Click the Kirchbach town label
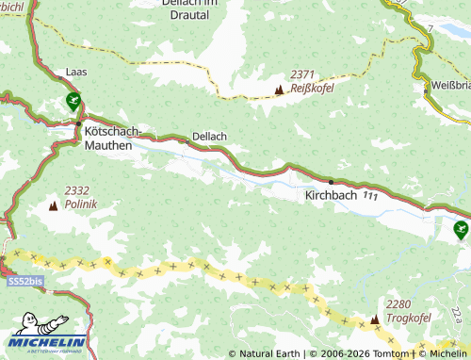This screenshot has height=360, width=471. point(330,195)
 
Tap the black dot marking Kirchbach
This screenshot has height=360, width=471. point(331,181)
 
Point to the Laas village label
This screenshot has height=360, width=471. point(76,72)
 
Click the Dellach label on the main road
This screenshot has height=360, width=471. point(209,136)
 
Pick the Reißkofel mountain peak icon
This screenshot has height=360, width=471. point(278,90)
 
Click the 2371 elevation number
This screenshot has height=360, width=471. point(302,74)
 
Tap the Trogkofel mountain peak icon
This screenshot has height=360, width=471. point(375,320)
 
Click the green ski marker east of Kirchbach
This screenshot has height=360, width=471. point(461,228)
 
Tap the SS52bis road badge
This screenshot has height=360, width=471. point(23,282)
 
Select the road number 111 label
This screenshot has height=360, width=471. point(370,196)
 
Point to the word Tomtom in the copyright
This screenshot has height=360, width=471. point(389,353)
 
